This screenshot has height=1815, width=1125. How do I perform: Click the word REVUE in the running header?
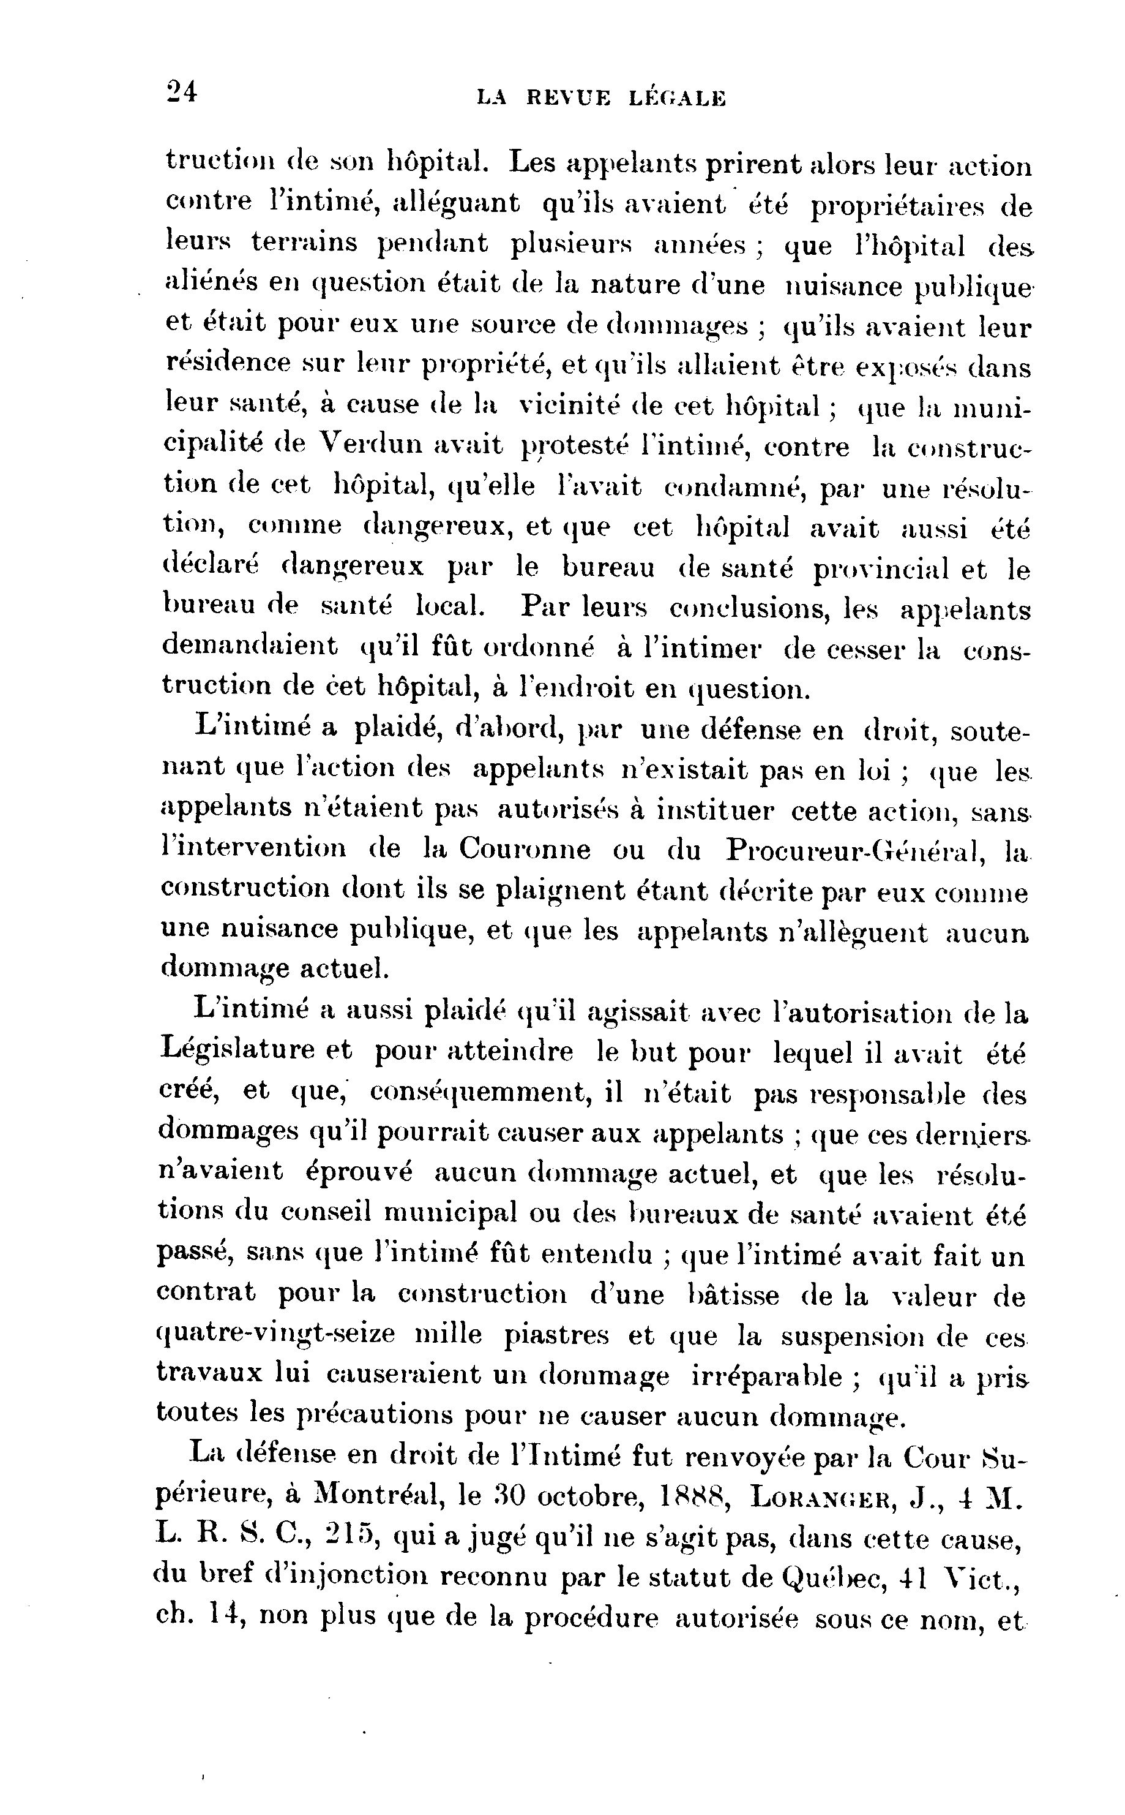tap(569, 97)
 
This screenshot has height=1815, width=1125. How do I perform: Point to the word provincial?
tap(880, 570)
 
